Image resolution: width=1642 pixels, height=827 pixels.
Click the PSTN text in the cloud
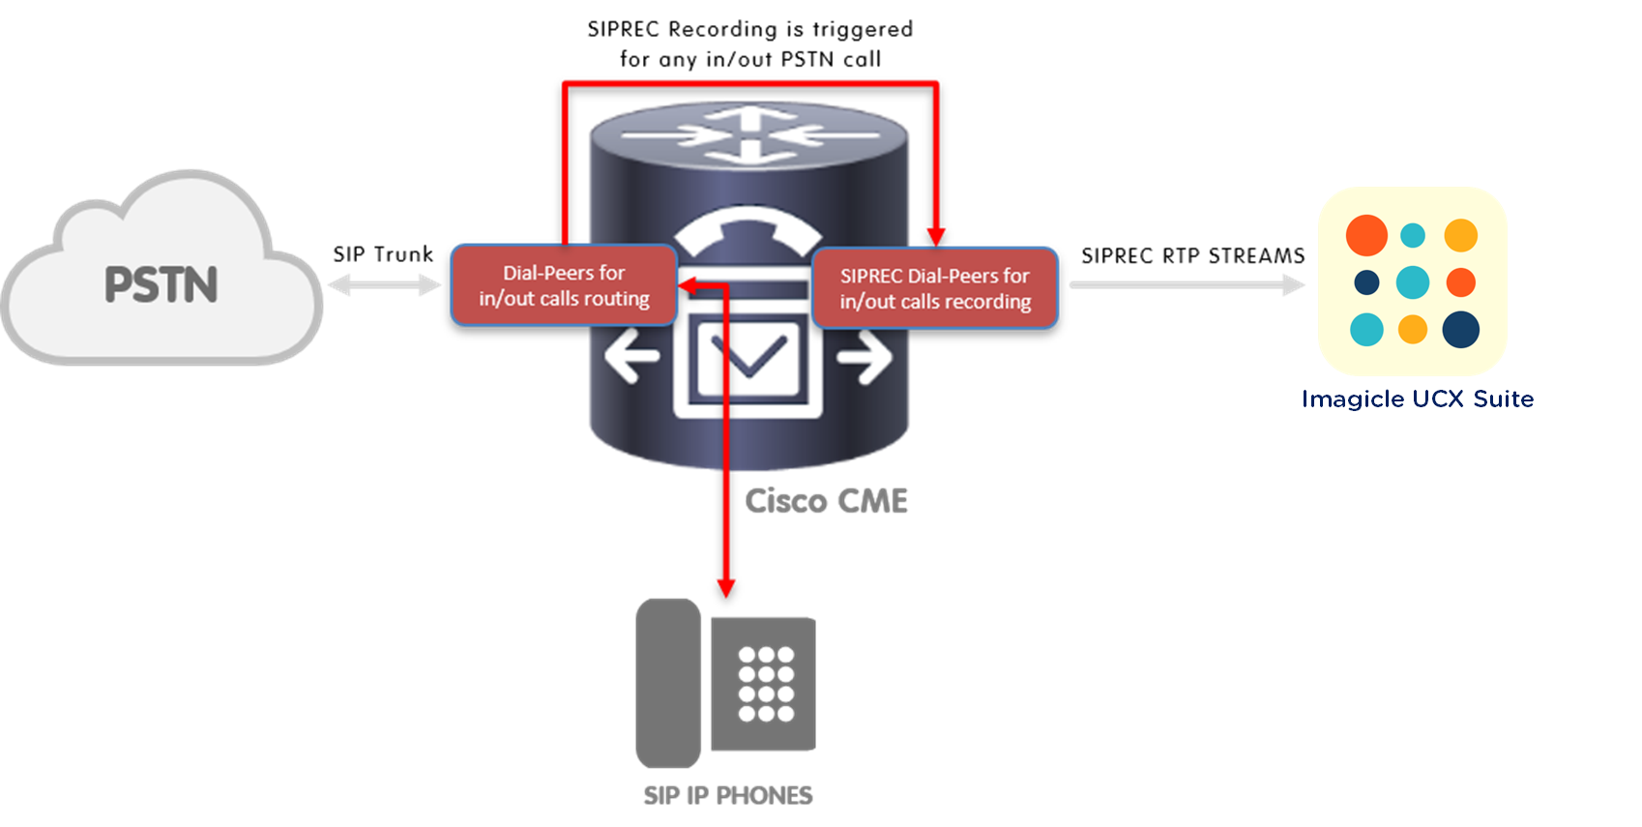(161, 284)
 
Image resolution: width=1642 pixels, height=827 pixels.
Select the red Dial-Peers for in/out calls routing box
(564, 285)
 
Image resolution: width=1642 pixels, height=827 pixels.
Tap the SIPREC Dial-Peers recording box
(935, 288)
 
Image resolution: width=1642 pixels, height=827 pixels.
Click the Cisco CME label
(827, 501)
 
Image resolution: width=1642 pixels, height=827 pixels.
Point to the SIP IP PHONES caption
(728, 795)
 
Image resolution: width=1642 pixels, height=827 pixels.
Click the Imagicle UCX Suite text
(1418, 399)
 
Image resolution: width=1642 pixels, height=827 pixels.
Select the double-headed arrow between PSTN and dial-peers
(385, 284)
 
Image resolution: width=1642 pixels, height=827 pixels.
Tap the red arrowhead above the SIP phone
(726, 587)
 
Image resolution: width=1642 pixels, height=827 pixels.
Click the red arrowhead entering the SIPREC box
(935, 235)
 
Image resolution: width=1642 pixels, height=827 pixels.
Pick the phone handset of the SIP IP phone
(668, 683)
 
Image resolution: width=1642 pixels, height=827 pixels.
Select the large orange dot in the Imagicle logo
(1366, 235)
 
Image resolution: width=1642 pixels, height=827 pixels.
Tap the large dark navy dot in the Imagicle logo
(1460, 329)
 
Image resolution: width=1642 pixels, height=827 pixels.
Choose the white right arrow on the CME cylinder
(865, 357)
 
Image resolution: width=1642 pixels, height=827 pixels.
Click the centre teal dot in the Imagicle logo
(1413, 282)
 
